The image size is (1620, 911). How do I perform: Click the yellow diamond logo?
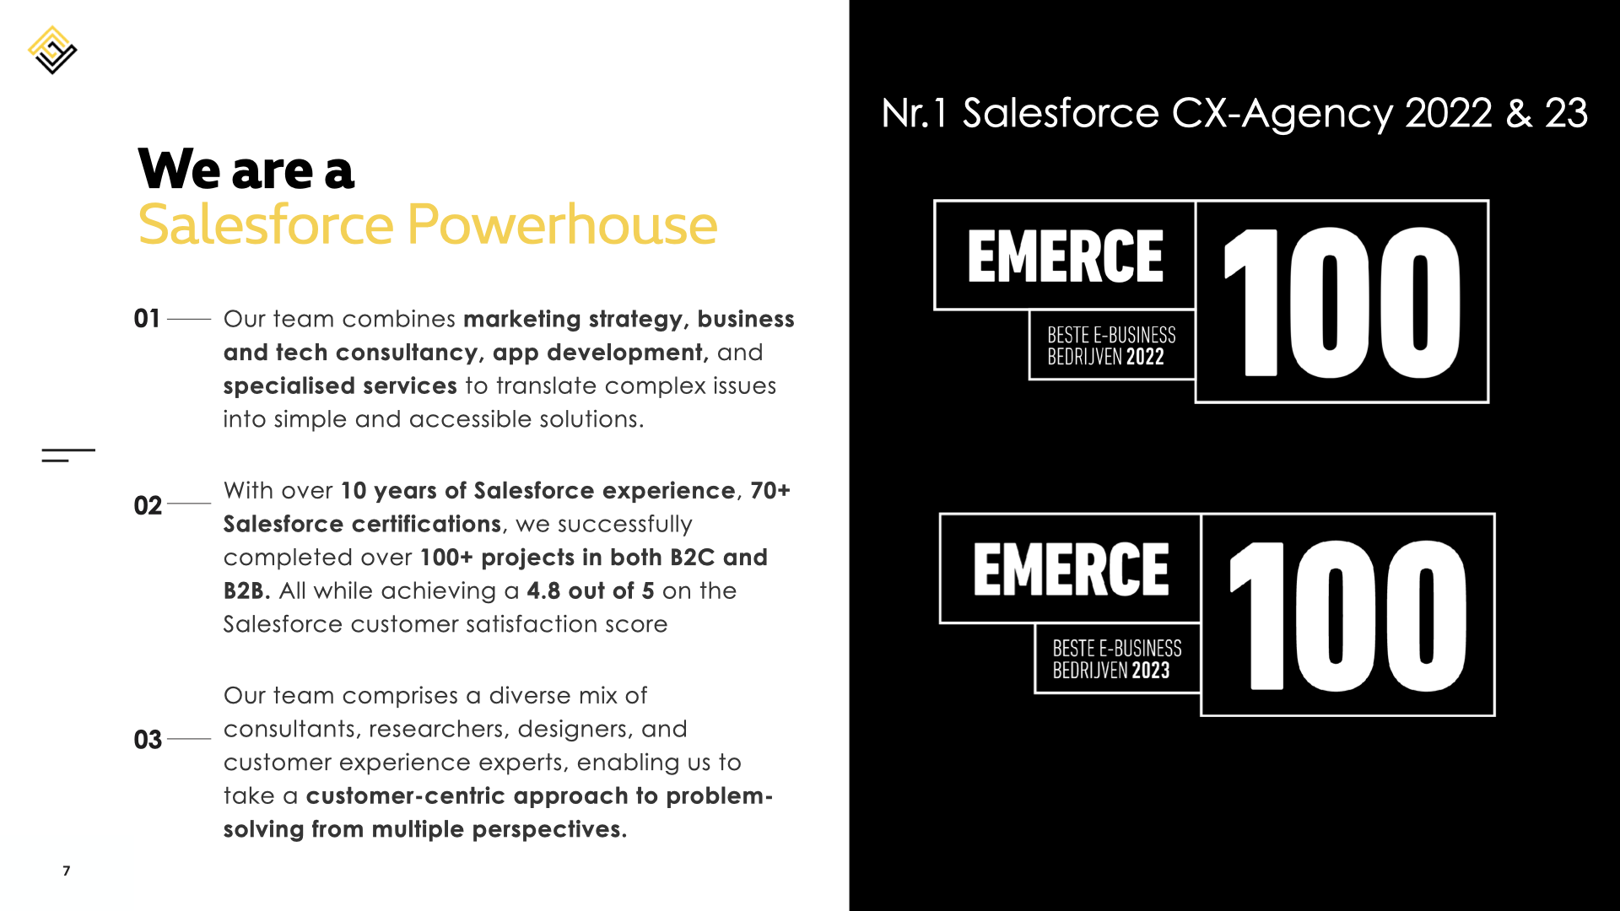coord(52,50)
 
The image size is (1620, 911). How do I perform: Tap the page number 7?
coord(67,871)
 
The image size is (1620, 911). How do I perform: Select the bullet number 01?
coord(147,319)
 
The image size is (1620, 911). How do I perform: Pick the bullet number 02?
coord(148,505)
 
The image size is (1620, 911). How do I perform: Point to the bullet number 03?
coord(148,740)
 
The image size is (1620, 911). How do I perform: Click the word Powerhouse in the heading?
coord(562,225)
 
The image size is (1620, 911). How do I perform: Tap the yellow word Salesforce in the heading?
coord(266,225)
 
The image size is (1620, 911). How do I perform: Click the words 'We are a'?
coord(246,169)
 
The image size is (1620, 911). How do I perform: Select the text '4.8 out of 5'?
coord(591,590)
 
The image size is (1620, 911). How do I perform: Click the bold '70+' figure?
coord(770,490)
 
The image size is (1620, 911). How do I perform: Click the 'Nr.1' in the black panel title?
coord(913,113)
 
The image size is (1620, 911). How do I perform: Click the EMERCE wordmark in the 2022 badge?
coord(1065,256)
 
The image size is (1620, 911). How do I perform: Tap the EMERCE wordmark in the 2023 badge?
coord(1071,569)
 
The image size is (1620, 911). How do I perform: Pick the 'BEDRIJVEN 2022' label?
coord(1105,357)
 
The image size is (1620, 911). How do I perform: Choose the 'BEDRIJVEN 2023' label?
coord(1111,671)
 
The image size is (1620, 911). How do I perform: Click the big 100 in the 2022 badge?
coord(1342,302)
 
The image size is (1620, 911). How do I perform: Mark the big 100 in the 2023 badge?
coord(1347,616)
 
